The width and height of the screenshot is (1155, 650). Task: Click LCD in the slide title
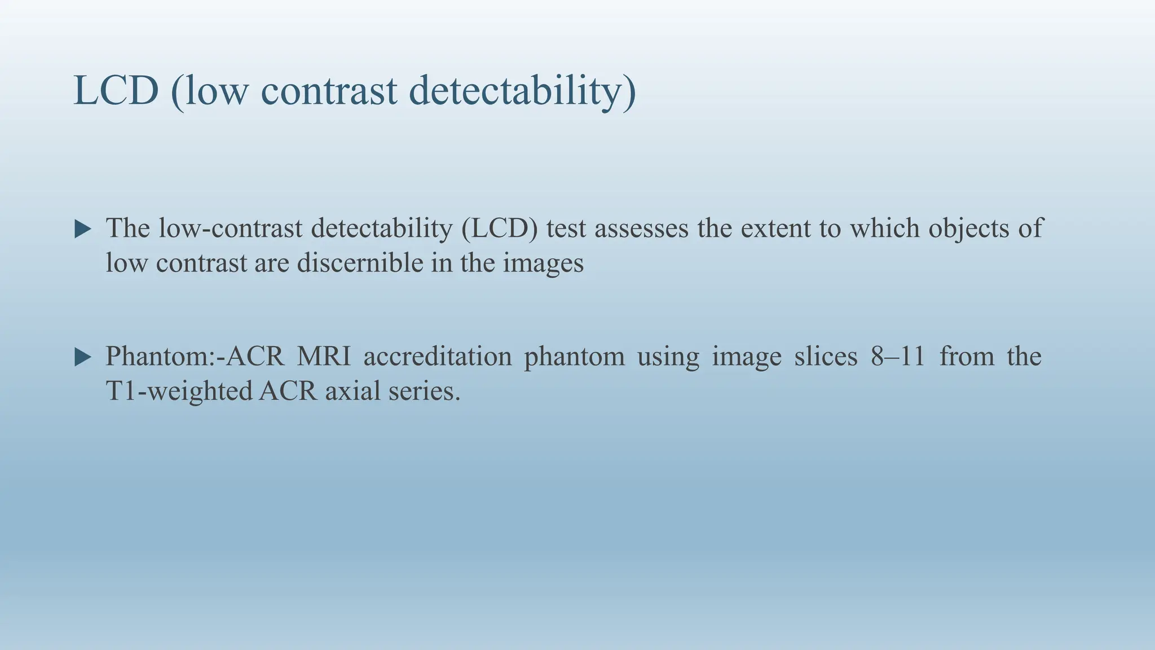[116, 90]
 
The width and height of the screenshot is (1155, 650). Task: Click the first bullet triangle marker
[83, 229]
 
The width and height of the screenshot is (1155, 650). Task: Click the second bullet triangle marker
[83, 357]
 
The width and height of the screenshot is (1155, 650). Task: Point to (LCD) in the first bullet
[499, 228]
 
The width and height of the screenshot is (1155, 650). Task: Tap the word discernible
[360, 263]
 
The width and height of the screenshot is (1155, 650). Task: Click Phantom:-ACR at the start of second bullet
[195, 357]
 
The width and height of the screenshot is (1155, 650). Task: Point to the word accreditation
[437, 357]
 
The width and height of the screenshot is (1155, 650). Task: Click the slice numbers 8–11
[897, 357]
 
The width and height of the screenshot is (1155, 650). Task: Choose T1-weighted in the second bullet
[179, 391]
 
